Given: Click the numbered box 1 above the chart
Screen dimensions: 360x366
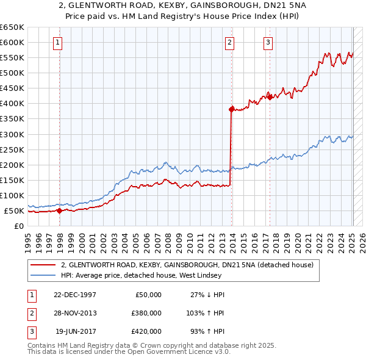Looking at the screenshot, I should click(57, 42).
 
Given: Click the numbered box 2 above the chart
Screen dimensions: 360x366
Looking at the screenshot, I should click(229, 42).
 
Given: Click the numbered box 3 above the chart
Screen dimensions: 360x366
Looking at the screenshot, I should click(268, 42).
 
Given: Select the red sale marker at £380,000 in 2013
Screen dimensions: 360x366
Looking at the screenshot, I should click(232, 109).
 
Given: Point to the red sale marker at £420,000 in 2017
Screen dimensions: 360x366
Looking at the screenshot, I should click(270, 97).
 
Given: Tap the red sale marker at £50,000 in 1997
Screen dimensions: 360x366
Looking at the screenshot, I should click(60, 211).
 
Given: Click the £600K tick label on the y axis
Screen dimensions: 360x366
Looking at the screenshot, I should click(12, 42).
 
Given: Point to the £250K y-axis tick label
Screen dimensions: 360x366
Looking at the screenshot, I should click(12, 149).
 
